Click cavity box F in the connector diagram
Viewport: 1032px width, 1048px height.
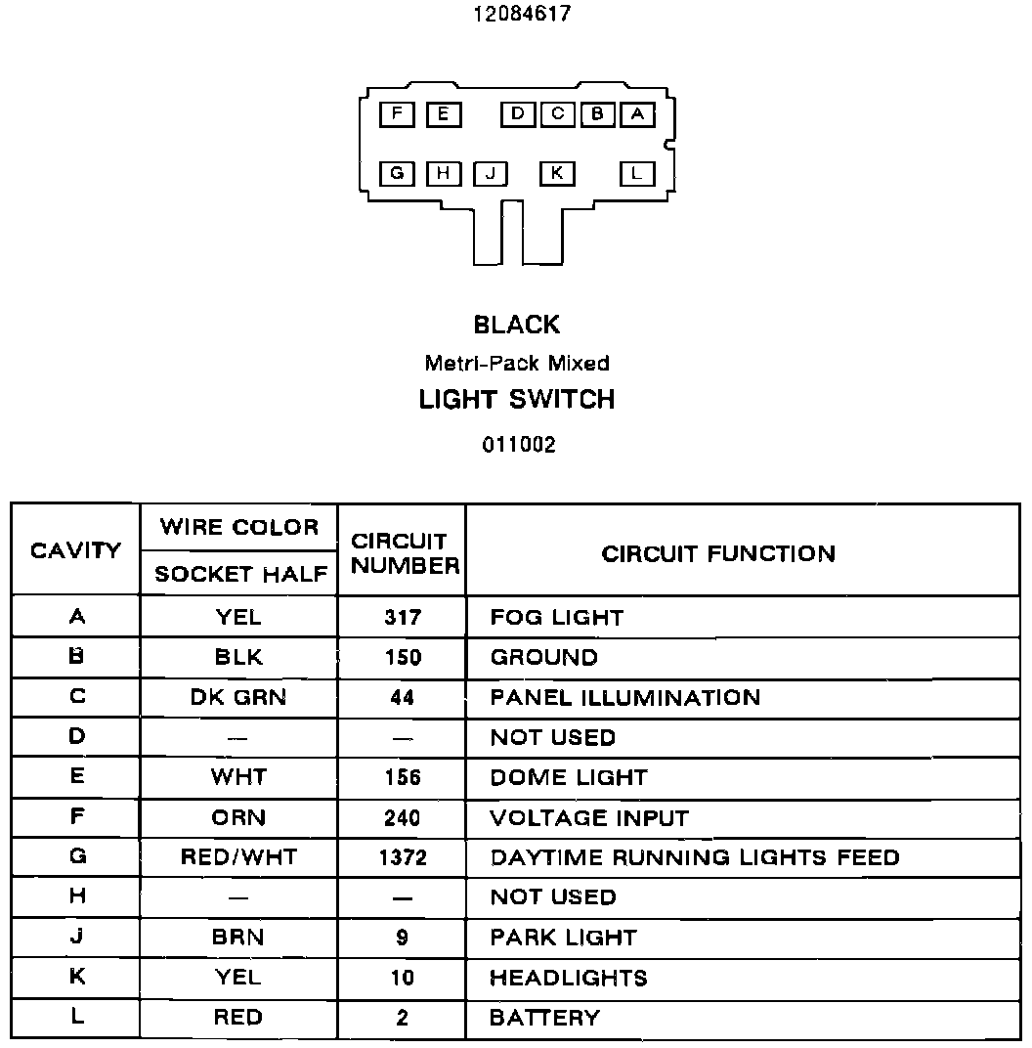click(x=397, y=114)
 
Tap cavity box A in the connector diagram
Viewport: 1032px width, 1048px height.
click(x=636, y=114)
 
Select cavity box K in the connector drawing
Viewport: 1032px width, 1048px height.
click(x=556, y=174)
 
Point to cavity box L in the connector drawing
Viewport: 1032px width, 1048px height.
click(x=636, y=174)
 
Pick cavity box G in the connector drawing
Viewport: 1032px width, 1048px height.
click(x=397, y=174)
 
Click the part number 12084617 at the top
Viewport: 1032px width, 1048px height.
click(x=521, y=14)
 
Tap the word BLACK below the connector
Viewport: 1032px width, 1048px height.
click(x=517, y=325)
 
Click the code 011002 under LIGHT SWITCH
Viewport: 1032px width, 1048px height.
click(x=518, y=445)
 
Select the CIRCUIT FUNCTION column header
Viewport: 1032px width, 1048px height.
click(x=718, y=553)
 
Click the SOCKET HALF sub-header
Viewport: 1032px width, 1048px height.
click(x=239, y=575)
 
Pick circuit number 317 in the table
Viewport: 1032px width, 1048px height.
click(x=402, y=617)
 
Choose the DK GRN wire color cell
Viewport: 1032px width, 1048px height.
click(x=238, y=697)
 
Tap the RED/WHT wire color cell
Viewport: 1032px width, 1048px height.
click(x=238, y=857)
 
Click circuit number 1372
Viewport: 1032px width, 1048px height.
click(x=402, y=857)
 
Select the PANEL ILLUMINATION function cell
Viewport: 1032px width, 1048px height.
click(x=624, y=697)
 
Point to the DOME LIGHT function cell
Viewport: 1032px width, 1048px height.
click(x=568, y=777)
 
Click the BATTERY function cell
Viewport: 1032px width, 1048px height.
click(x=544, y=1018)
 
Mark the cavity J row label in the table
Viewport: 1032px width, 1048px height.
click(x=76, y=937)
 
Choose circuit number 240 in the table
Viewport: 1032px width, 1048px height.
click(x=402, y=817)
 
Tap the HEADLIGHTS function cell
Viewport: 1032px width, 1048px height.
click(x=568, y=978)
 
